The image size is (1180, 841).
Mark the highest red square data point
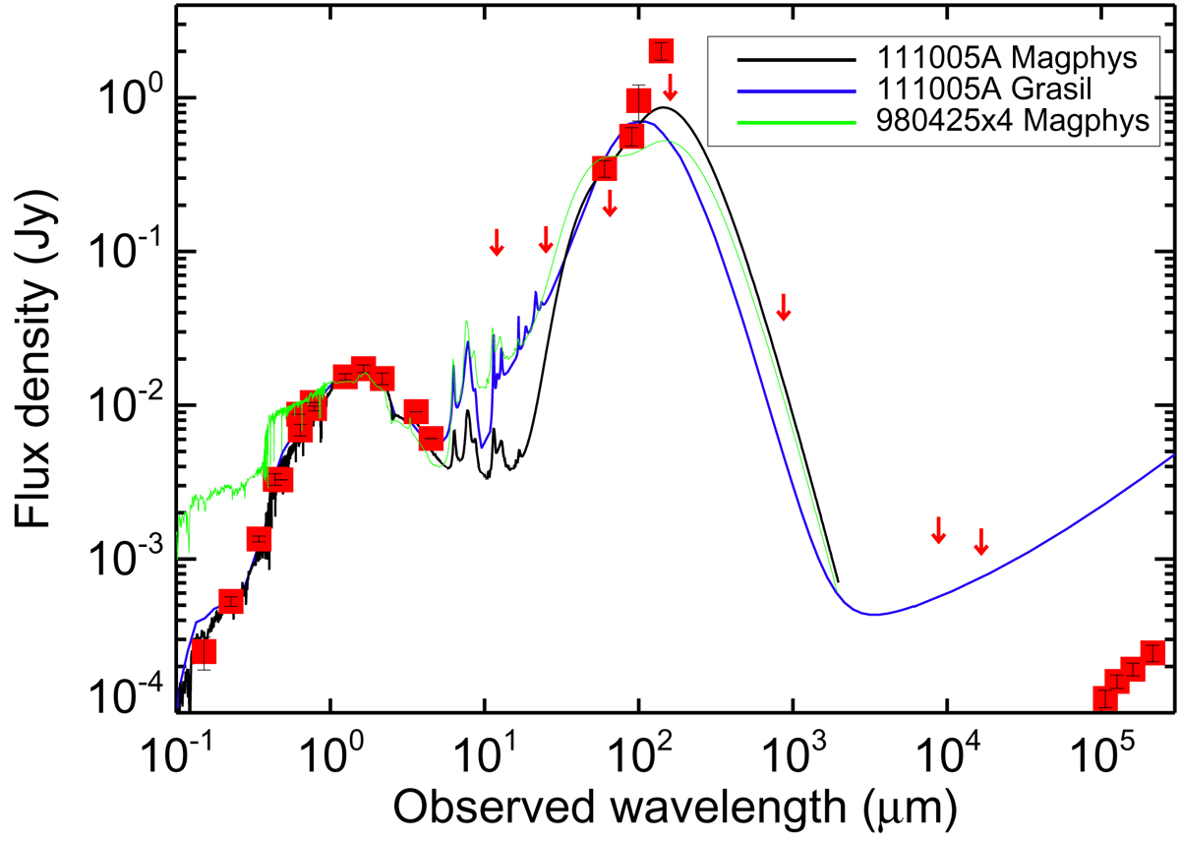pos(662,50)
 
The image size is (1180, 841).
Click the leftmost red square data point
pos(204,652)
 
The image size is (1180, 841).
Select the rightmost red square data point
pos(1152,653)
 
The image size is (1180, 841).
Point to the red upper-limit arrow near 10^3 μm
pos(784,307)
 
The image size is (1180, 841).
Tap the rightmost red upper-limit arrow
pos(980,540)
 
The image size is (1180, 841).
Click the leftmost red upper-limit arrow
pos(497,241)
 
